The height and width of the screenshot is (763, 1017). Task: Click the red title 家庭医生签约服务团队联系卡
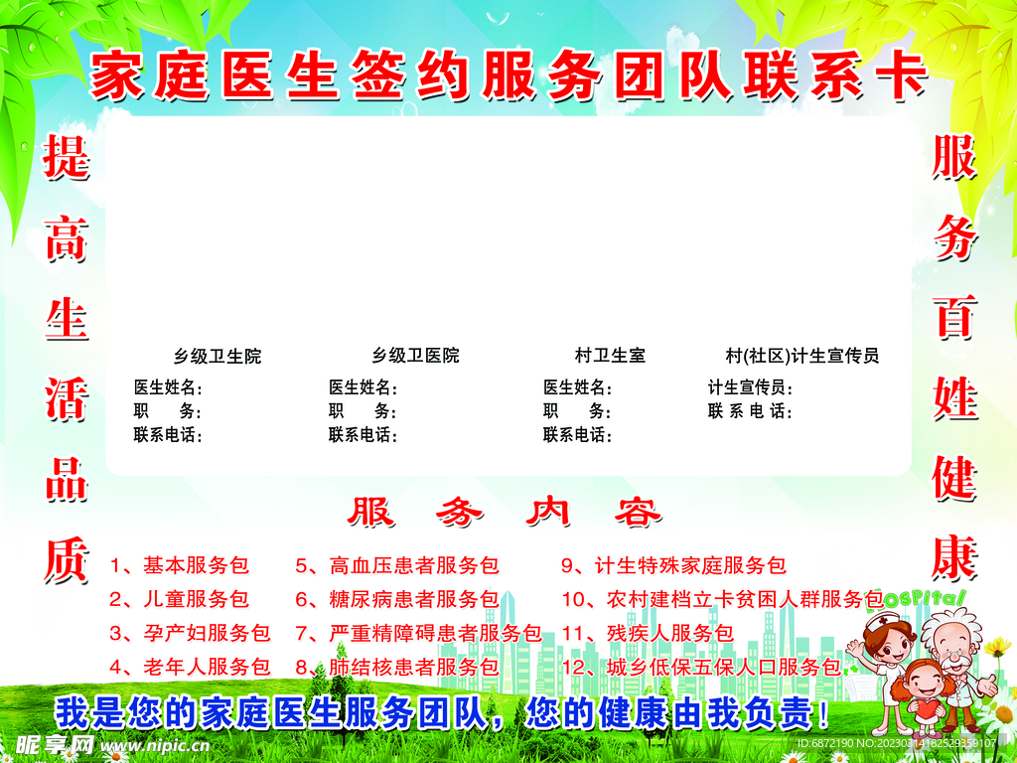tap(508, 76)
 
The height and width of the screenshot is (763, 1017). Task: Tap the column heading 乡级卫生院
tap(218, 356)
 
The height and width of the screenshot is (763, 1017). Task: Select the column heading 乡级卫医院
tap(415, 356)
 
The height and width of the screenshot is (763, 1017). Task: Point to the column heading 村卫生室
tap(609, 356)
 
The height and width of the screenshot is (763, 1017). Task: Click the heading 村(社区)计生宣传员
tap(801, 356)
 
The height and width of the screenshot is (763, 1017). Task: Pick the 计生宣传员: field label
tap(750, 387)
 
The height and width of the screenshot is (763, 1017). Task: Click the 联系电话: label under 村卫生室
tap(577, 435)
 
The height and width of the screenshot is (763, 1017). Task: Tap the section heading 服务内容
tap(504, 513)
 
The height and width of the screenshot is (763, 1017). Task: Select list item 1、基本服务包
tap(179, 566)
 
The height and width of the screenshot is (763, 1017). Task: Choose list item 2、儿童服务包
tap(179, 599)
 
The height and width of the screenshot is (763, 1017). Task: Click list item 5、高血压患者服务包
tap(396, 566)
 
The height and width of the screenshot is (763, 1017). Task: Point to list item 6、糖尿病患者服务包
tap(396, 599)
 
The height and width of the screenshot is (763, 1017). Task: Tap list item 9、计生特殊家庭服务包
tap(673, 566)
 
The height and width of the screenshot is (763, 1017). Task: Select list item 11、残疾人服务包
tap(647, 633)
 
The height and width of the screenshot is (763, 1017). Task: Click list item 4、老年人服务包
tap(189, 667)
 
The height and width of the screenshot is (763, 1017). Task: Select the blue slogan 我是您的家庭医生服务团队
tap(268, 713)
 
